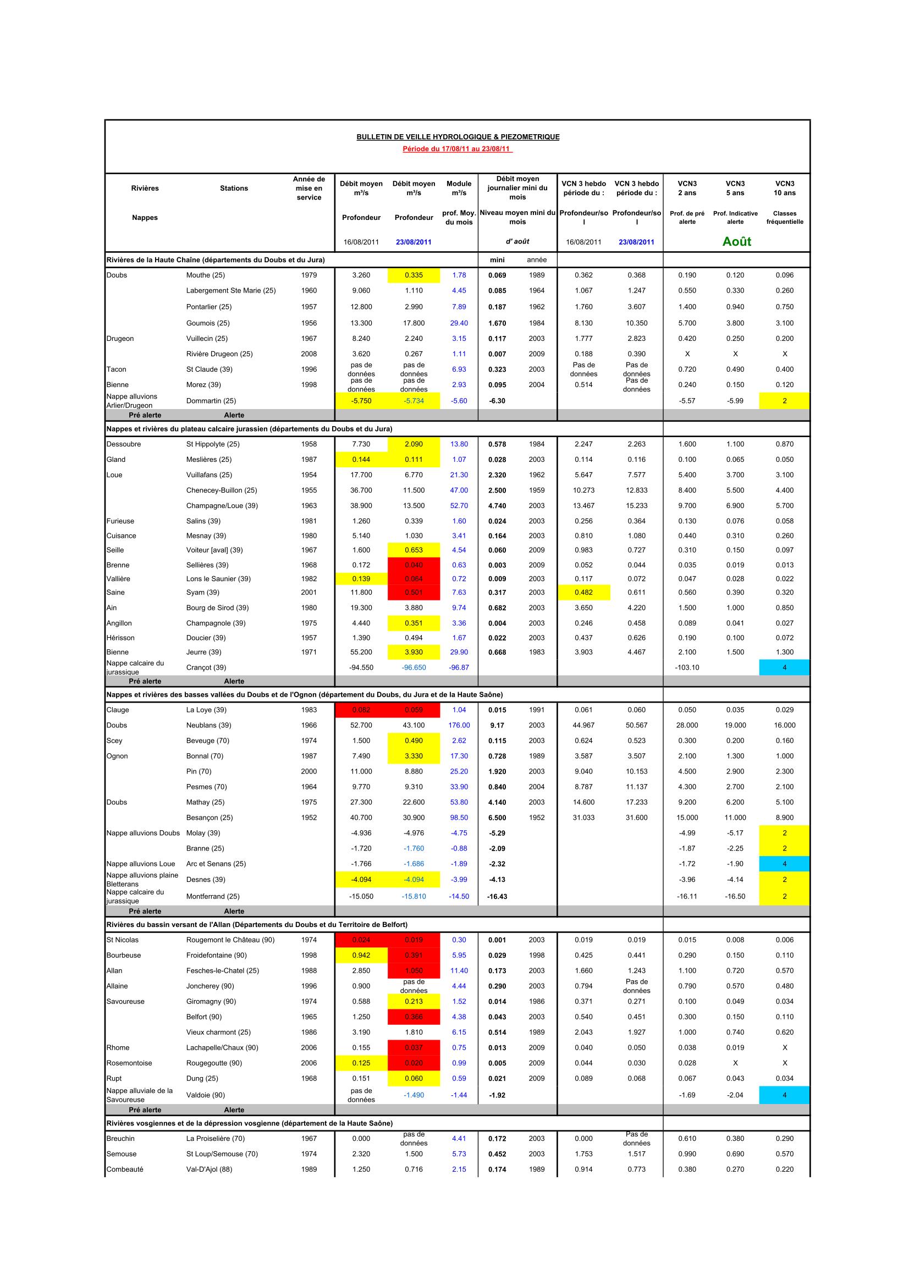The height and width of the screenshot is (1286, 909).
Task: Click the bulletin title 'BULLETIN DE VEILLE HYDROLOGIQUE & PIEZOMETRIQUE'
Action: pyautogui.click(x=458, y=137)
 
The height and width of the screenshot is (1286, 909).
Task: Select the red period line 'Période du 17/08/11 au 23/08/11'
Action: pyautogui.click(x=458, y=149)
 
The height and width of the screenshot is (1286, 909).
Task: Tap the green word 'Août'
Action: pyautogui.click(x=736, y=241)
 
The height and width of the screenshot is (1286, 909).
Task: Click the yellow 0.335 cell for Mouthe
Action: pyautogui.click(x=414, y=275)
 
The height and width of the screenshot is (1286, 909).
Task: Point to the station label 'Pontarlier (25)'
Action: pyautogui.click(x=209, y=307)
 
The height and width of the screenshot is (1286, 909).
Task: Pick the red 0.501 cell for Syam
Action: pyautogui.click(x=414, y=593)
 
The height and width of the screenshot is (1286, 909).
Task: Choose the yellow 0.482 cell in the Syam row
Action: pyautogui.click(x=583, y=593)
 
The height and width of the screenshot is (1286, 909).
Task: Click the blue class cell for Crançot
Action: pyautogui.click(x=784, y=667)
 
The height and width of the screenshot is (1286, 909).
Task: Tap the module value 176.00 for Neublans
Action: pyautogui.click(x=459, y=725)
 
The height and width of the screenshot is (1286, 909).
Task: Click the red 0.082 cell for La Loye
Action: pyautogui.click(x=361, y=710)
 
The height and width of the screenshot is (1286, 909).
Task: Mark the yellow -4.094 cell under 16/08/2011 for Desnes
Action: pyautogui.click(x=361, y=879)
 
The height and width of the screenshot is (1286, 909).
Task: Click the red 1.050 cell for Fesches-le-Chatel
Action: pyautogui.click(x=414, y=970)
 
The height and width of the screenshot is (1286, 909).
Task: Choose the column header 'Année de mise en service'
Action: pyautogui.click(x=308, y=188)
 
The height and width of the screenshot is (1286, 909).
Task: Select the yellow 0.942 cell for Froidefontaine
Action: pyautogui.click(x=361, y=956)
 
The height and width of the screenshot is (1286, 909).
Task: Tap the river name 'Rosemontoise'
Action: pyautogui.click(x=129, y=1063)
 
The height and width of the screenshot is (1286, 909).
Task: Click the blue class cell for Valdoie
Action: pyautogui.click(x=784, y=1095)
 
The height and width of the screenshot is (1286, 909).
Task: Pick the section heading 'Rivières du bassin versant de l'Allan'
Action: pyautogui.click(x=257, y=925)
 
